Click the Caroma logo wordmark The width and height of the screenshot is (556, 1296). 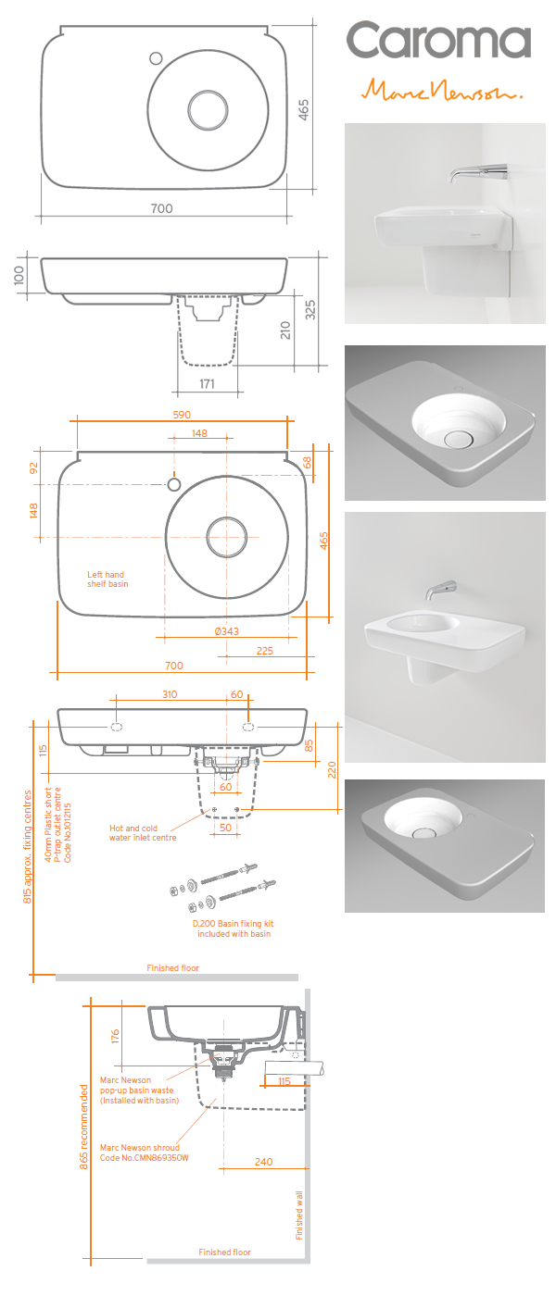point(438,42)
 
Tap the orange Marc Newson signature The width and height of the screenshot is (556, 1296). point(443,90)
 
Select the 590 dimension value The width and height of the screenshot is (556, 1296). point(182,414)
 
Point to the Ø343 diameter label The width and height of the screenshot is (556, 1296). point(226,631)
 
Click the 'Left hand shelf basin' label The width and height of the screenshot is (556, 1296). point(107,579)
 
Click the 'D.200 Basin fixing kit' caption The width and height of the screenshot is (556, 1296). point(233,928)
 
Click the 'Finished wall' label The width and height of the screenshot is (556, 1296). point(299,1214)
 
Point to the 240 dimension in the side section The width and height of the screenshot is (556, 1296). point(264,1162)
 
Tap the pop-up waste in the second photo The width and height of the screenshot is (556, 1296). point(457,438)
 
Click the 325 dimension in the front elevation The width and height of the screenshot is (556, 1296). point(310,310)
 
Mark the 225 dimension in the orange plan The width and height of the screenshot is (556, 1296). point(264,651)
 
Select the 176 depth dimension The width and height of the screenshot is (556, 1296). point(115,1035)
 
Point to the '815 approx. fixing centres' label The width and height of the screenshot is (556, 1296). point(28,846)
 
